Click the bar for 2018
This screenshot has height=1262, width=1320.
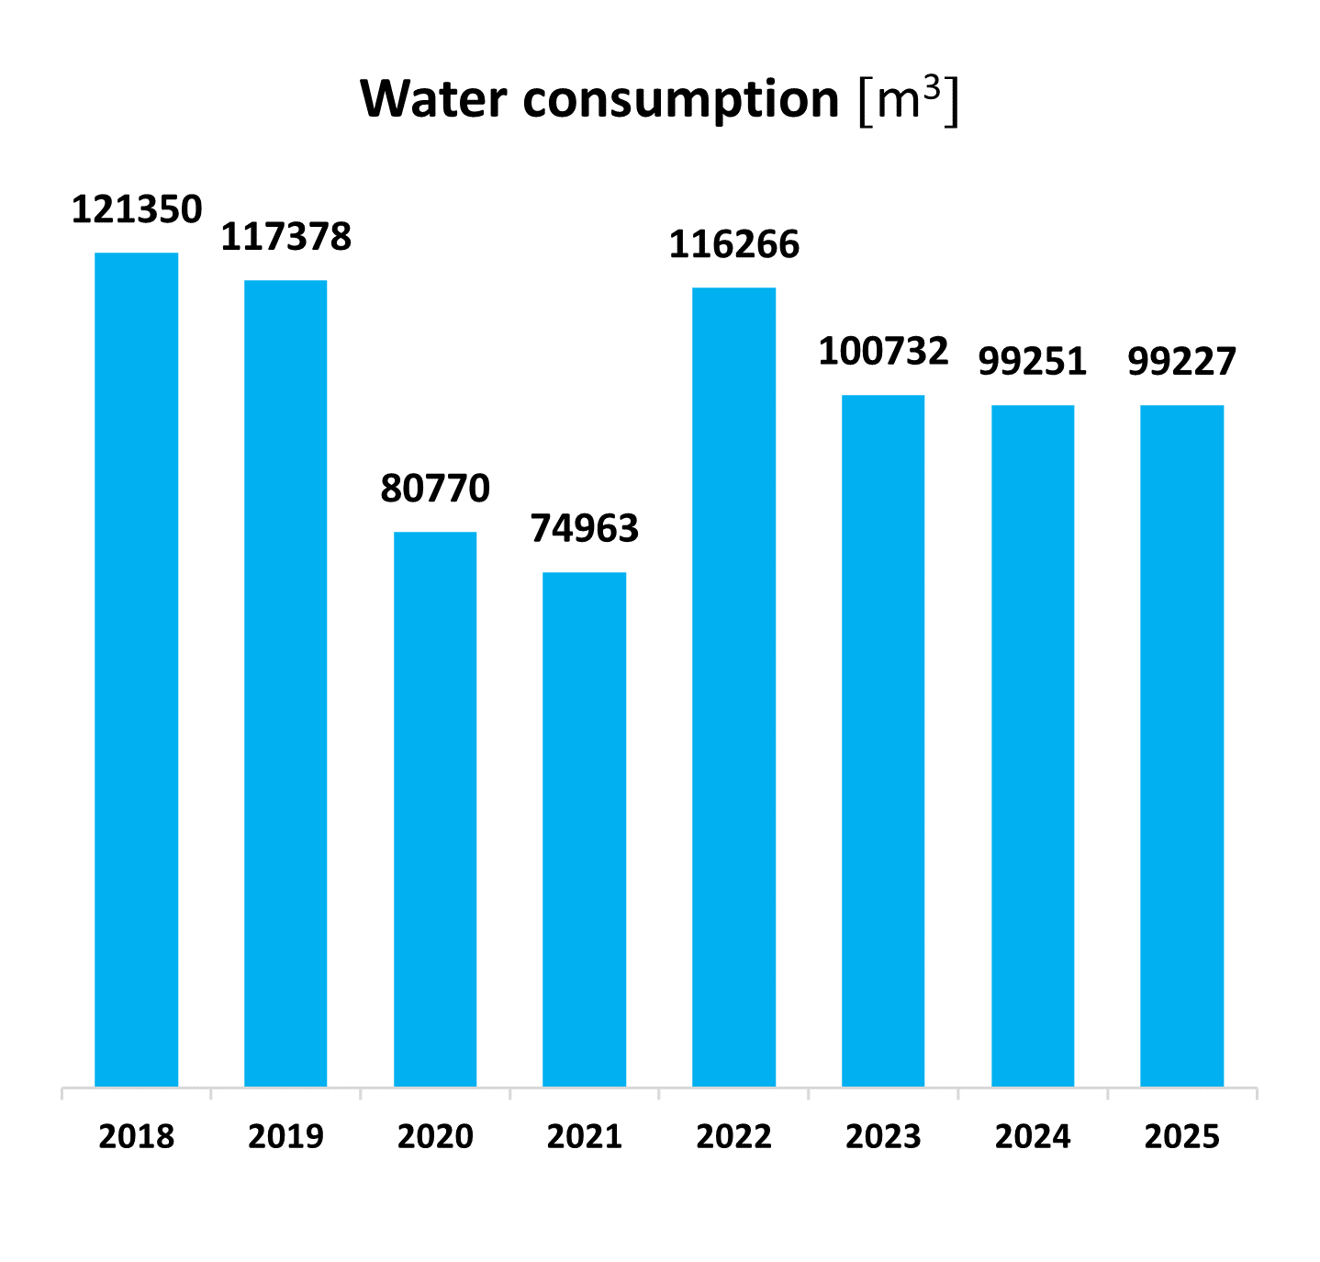tap(137, 670)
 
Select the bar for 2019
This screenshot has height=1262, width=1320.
tap(285, 683)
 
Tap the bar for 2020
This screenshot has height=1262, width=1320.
tap(435, 809)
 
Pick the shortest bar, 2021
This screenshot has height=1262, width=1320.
tap(585, 829)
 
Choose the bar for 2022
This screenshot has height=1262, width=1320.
tap(734, 687)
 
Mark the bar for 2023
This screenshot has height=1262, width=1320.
tap(883, 741)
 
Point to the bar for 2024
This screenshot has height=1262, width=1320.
tap(1033, 746)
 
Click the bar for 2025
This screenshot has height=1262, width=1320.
tap(1182, 746)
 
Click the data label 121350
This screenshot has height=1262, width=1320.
tap(137, 209)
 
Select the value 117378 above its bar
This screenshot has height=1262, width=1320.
tap(285, 237)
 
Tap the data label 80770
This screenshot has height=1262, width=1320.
tap(435, 489)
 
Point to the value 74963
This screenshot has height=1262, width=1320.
tap(585, 529)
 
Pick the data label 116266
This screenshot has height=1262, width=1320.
tap(734, 244)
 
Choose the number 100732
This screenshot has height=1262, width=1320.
tap(883, 352)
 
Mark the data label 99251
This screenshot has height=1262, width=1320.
tap(1033, 362)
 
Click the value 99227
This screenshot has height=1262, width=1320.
tap(1182, 362)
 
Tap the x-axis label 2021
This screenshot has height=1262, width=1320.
tap(585, 1137)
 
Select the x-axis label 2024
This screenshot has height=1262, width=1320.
tap(1033, 1137)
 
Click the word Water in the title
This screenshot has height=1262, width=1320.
tap(433, 99)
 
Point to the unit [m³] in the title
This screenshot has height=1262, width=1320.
tap(908, 99)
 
